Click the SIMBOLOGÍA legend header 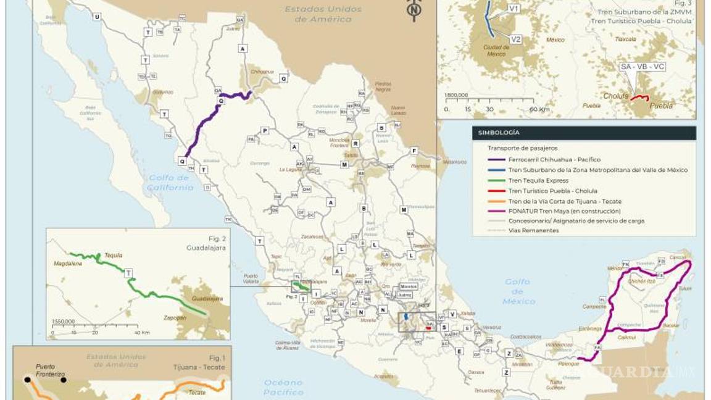tap(497, 133)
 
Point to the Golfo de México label tap(518, 291)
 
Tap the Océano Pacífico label tap(283, 387)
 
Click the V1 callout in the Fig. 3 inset tap(513, 9)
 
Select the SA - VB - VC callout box tap(642, 66)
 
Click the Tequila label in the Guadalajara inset tap(113, 255)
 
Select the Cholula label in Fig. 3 tap(616, 96)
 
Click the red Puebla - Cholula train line tap(640, 98)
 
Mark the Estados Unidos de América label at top tap(322, 14)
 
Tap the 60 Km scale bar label tap(539, 109)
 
